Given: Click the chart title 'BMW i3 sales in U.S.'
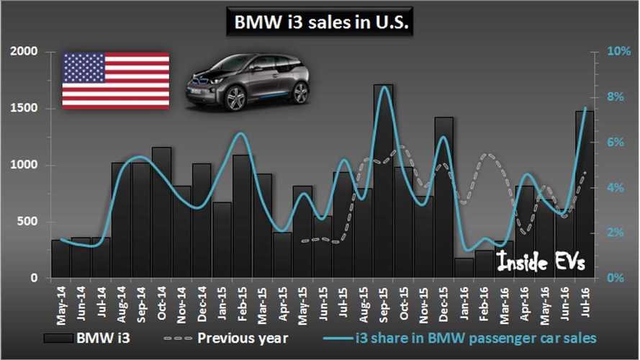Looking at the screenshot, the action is [x=321, y=22].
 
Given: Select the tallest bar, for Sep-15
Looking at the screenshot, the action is [x=383, y=181].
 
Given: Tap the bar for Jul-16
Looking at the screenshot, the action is [x=585, y=194].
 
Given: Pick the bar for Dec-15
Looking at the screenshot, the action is [x=443, y=197].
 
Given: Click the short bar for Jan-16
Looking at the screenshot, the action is [x=464, y=268].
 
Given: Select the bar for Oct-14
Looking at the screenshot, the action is [x=162, y=212].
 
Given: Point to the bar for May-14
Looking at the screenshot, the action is [x=60, y=258].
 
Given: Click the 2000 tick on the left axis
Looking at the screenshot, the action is [x=23, y=51].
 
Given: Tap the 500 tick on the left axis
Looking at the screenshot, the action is [x=27, y=222].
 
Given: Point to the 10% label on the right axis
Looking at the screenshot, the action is [x=618, y=51].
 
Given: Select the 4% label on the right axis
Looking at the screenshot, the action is [x=616, y=188].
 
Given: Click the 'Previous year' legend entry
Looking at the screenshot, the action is [x=226, y=338].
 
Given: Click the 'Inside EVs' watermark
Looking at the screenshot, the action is [x=541, y=261].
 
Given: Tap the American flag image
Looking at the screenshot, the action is [x=116, y=81].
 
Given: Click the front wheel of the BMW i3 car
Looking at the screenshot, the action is [x=235, y=99].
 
